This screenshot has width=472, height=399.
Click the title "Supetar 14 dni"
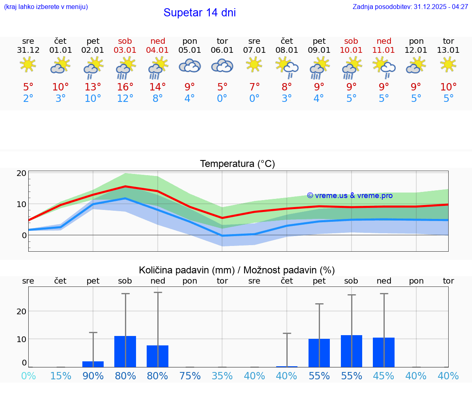tap(200, 13)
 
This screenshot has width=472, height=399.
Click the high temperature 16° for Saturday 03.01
tap(125, 87)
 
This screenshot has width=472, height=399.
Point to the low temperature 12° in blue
tap(125, 99)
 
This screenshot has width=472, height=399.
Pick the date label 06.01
tap(222, 50)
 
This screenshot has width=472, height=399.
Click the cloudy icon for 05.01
tap(190, 66)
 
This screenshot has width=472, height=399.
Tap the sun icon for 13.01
tap(448, 64)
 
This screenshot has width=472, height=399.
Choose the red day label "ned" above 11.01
tap(384, 41)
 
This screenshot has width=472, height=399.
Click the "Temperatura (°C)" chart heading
tap(237, 164)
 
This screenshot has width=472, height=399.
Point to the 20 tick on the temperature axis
tap(22, 173)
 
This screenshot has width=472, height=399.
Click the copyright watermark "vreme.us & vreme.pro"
tap(349, 196)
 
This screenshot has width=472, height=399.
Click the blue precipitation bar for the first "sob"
tap(125, 352)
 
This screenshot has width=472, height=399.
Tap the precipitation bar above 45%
tap(383, 352)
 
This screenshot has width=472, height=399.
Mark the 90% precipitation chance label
tap(93, 376)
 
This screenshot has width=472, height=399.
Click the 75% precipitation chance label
tap(190, 376)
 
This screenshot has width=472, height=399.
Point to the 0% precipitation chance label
tap(28, 376)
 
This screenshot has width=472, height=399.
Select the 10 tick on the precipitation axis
tap(22, 339)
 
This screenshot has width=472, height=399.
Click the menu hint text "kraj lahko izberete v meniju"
tap(46, 7)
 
